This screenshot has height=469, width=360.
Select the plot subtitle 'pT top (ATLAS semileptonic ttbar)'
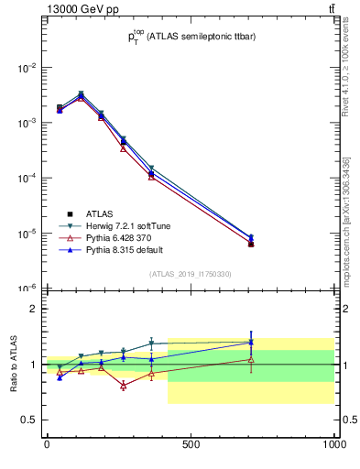pos(190,37)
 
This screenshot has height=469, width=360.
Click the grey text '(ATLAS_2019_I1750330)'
pos(190,274)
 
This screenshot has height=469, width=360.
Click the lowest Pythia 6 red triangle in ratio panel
pos(123,386)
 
